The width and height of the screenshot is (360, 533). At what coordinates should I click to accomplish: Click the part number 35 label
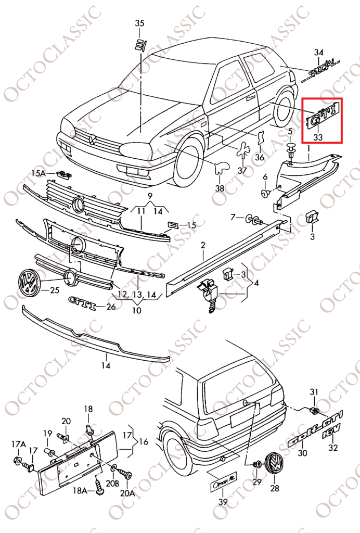pyautogui.click(x=139, y=23)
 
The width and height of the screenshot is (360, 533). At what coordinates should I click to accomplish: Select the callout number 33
pyautogui.click(x=318, y=137)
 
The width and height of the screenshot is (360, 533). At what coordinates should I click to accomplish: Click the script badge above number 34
pyautogui.click(x=319, y=71)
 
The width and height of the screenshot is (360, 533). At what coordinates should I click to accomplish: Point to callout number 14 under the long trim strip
pyautogui.click(x=106, y=365)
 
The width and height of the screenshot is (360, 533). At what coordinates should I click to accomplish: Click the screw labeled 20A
pyautogui.click(x=125, y=474)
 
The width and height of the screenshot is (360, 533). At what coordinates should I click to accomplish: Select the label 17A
pyautogui.click(x=19, y=443)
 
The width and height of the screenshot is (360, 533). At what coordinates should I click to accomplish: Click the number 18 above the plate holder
pyautogui.click(x=88, y=409)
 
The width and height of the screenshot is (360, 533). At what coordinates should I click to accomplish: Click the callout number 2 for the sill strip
pyautogui.click(x=202, y=245)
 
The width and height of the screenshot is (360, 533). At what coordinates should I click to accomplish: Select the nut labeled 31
pyautogui.click(x=314, y=411)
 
